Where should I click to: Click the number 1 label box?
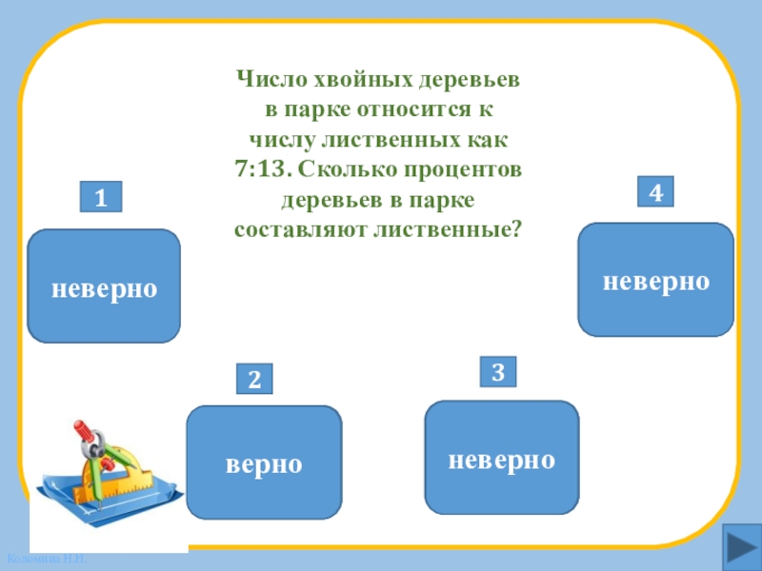point(100,198)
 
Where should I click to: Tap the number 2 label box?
point(254,380)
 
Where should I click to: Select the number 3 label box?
point(497,371)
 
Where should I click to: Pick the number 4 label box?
point(655,192)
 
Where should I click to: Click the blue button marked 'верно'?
point(264,463)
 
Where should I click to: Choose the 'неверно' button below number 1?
point(104,285)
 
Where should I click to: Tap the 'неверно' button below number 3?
point(501,458)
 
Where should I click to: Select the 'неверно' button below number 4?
point(655,280)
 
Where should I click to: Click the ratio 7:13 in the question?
point(262,170)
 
